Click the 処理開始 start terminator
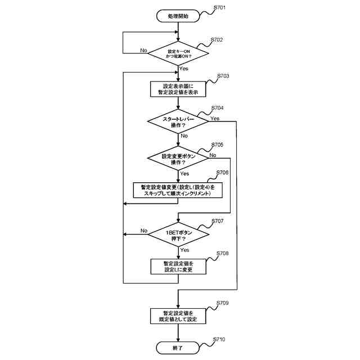178,16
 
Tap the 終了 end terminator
178,348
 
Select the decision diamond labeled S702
178,54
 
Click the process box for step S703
178,89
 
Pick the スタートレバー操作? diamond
178,122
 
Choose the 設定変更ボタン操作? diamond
178,159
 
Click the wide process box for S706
178,190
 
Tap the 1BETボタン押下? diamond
178,235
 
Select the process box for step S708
178,266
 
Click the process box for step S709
178,316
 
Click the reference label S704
217,107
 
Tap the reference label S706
222,173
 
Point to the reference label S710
220,340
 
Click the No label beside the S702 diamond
143,50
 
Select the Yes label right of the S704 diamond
214,118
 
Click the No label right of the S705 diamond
213,155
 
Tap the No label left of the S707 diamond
143,231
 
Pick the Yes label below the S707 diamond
184,250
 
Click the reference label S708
222,254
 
